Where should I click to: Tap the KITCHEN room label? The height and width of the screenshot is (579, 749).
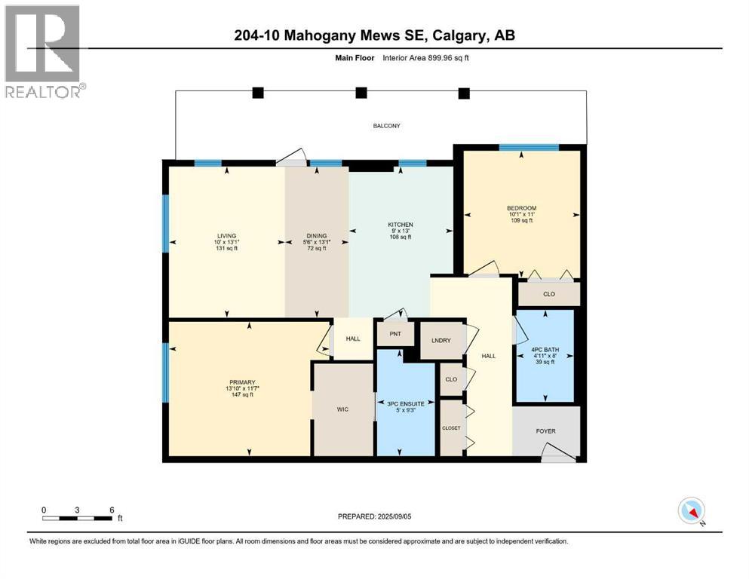[401, 225]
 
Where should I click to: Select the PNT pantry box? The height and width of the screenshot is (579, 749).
[395, 334]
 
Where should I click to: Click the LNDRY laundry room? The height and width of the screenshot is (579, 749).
[440, 341]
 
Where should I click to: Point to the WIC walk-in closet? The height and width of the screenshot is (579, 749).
[342, 410]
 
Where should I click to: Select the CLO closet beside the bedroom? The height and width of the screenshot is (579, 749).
[548, 294]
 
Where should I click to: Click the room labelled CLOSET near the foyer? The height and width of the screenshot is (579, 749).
[451, 427]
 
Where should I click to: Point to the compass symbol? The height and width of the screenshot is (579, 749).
[691, 511]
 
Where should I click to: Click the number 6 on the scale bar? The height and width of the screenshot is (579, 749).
[112, 510]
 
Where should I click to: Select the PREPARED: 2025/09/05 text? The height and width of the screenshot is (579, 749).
[378, 516]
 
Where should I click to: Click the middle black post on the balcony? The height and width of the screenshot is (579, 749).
[361, 93]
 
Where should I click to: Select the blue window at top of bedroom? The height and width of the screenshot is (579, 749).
[518, 148]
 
